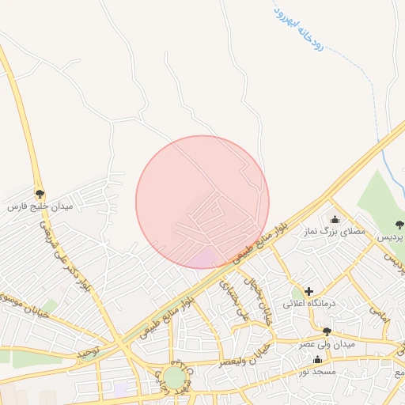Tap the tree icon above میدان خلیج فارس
pos(40,193)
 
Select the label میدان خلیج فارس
pos(40,206)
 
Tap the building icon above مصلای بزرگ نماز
pos(335,220)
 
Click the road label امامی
pos(378,315)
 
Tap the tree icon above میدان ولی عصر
pos(327,332)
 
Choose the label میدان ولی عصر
pos(326,345)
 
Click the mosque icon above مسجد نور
pos(317,359)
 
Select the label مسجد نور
pos(317,371)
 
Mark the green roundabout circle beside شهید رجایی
pos(173,377)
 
